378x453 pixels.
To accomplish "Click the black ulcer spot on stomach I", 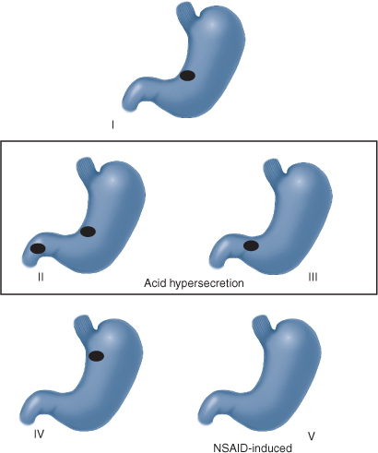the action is pos(187,76).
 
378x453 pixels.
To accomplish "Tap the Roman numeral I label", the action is pos(112,125).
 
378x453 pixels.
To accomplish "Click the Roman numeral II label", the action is pos(41,277).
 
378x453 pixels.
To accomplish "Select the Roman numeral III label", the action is pos(313,277).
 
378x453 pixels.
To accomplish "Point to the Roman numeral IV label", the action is pos(39,434).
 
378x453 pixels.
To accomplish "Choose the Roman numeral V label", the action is pos(312,436).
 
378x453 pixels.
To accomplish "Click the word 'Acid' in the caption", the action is pos(153,282).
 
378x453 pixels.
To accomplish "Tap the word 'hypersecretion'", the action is pos(204,283).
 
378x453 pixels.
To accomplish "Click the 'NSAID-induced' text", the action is pos(253,447).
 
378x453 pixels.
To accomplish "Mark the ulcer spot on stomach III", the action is pos(251,245).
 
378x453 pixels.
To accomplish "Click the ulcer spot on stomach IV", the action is pos(96,356).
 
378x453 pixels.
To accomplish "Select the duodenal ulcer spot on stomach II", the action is pos(38,248).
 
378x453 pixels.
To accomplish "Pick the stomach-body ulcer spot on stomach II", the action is pos(88,232).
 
